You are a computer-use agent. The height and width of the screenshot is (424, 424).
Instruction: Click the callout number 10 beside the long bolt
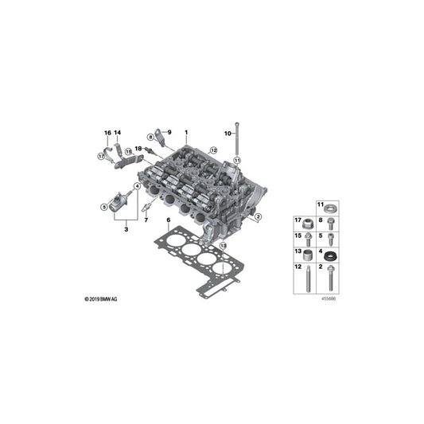[x=228, y=134]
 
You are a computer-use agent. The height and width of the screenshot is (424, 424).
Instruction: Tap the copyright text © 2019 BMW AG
[x=101, y=299]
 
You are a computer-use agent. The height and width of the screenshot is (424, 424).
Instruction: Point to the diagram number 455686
[x=329, y=299]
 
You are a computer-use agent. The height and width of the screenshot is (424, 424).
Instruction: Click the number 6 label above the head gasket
[x=169, y=220]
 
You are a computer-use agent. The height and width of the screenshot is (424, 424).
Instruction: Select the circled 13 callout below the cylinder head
[x=223, y=246]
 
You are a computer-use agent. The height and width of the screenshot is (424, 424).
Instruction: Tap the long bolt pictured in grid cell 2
[x=330, y=278]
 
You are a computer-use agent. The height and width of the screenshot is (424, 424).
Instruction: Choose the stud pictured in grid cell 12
[x=308, y=278]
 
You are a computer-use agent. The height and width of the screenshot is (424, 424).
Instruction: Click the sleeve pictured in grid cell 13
[x=308, y=255]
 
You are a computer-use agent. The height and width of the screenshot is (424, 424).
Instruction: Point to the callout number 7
[x=146, y=220]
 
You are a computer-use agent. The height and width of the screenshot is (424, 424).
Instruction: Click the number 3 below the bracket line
[x=126, y=230]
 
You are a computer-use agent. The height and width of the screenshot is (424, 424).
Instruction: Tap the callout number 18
[x=138, y=149]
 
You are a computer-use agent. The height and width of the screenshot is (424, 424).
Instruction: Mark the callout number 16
[x=107, y=133]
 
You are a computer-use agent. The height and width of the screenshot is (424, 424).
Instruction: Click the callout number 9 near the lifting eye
[x=169, y=132]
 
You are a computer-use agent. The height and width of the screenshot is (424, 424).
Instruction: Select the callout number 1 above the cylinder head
[x=186, y=133]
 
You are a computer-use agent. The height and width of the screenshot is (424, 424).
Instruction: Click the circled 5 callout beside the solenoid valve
[x=103, y=207]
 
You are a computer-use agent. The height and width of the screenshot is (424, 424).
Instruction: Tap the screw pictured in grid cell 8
[x=330, y=224]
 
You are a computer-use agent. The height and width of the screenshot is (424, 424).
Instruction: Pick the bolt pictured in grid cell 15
[x=308, y=239]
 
